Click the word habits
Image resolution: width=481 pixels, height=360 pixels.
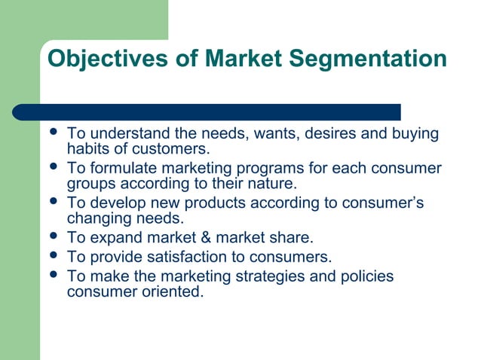tap(88, 148)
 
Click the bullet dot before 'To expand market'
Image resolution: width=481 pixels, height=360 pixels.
tap(52, 237)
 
